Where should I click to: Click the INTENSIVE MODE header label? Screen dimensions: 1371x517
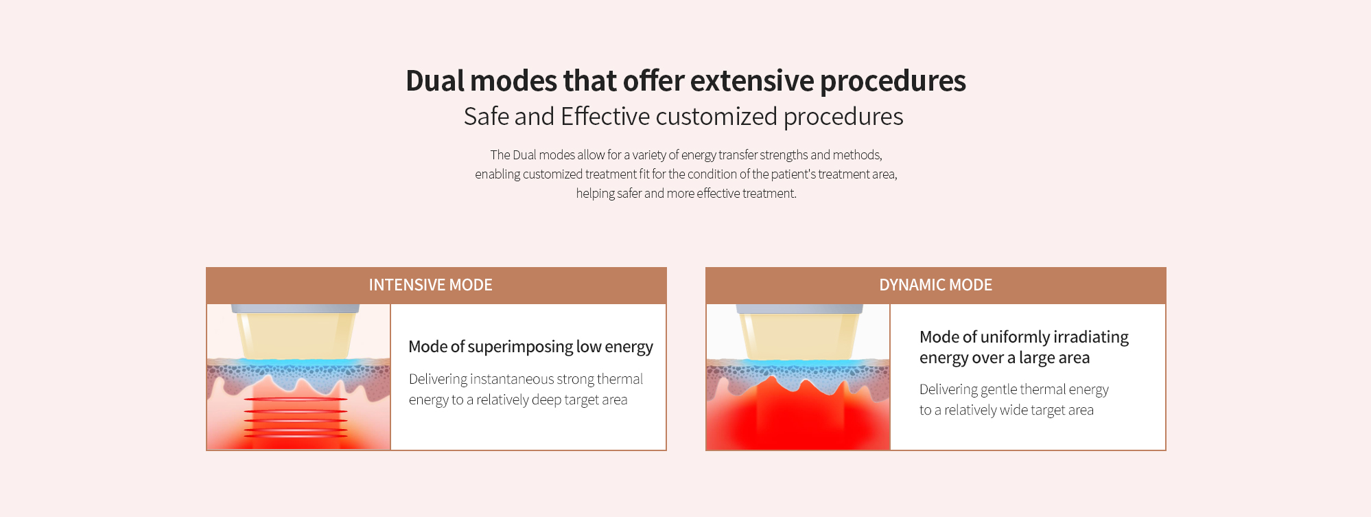click(430, 285)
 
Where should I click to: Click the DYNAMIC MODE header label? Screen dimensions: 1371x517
click(935, 285)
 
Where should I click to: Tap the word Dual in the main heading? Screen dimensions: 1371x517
click(435, 80)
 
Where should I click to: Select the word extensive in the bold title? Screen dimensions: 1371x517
click(752, 80)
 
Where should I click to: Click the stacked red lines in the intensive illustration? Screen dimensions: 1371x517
click(296, 416)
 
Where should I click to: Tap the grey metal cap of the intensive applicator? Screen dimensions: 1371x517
click(295, 309)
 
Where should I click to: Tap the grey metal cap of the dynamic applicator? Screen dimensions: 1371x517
click(800, 309)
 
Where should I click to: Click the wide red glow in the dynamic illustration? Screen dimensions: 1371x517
click(798, 419)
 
